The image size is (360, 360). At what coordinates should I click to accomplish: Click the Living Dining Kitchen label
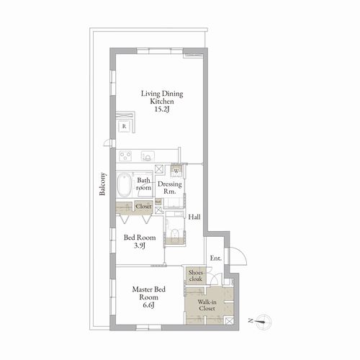tap(162, 97)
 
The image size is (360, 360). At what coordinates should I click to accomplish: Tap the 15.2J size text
tap(162, 109)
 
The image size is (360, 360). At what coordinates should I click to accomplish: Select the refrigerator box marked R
tap(124, 126)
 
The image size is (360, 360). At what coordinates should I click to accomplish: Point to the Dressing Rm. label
tap(170, 188)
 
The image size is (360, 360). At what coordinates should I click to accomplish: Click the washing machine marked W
tap(176, 171)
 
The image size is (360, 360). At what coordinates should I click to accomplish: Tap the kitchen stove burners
tap(125, 156)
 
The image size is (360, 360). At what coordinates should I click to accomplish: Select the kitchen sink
tap(146, 156)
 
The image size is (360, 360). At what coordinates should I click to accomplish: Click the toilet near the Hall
tap(174, 233)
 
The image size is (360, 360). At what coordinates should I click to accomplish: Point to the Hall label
tap(194, 217)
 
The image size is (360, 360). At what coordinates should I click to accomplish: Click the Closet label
tap(143, 206)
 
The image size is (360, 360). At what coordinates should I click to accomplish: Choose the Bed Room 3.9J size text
tap(140, 246)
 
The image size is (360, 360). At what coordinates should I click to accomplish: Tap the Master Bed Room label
tap(149, 293)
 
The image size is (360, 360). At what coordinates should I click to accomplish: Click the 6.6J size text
tap(148, 305)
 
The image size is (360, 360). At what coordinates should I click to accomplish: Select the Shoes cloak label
tap(195, 276)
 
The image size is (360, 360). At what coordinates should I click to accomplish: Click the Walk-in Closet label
tap(207, 305)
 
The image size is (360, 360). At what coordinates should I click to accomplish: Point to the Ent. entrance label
tap(216, 258)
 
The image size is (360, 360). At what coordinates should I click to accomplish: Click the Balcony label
tap(102, 184)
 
